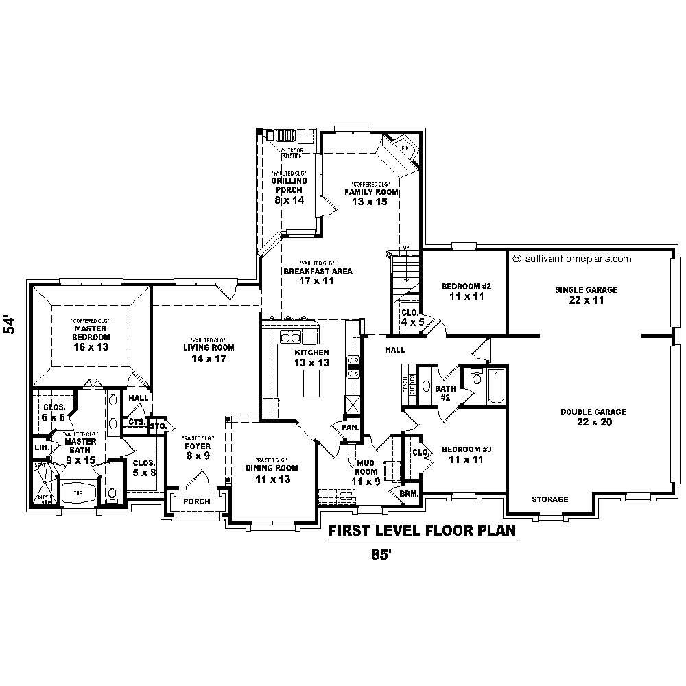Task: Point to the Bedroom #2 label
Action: click(466, 292)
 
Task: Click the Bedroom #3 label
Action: click(466, 454)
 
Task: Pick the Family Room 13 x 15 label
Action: click(371, 196)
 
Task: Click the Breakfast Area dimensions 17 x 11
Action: click(317, 281)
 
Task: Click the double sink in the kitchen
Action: click(290, 337)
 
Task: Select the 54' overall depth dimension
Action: click(10, 324)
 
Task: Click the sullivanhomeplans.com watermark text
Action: click(571, 259)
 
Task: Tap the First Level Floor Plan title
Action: click(422, 530)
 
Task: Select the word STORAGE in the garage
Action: click(549, 499)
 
